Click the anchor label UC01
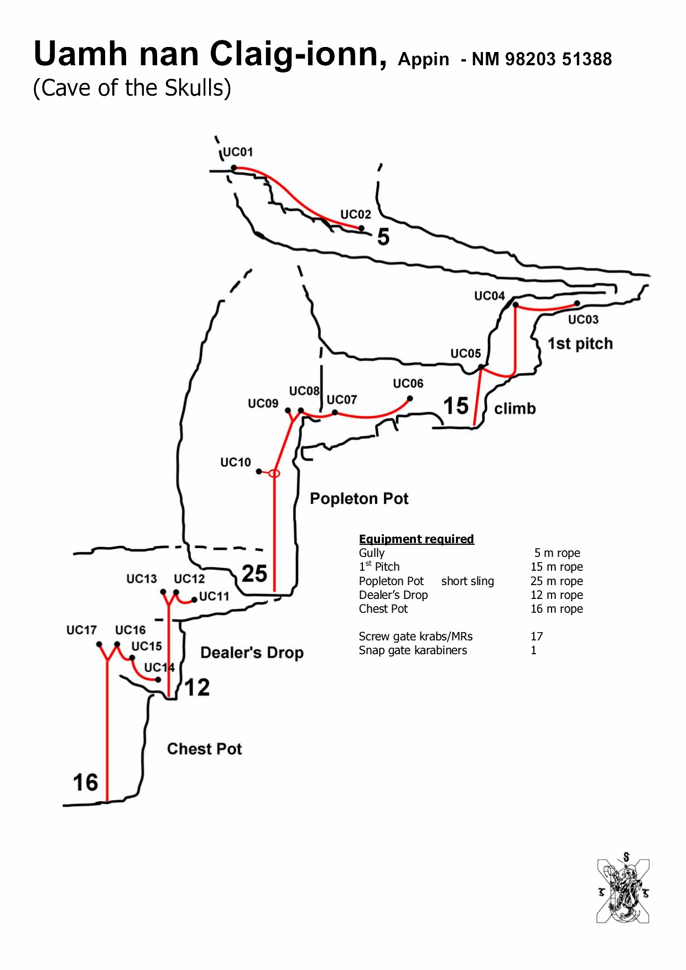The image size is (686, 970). pos(237,152)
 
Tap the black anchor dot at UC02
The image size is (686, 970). pos(361,228)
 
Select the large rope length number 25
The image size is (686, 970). pos(254,573)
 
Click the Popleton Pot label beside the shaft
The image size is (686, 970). pos(359,499)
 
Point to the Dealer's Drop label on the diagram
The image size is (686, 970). pos(252,653)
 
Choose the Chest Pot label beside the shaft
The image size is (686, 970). pos(204,749)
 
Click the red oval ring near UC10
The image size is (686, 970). pos(274,473)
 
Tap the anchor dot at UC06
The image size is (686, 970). pos(410,398)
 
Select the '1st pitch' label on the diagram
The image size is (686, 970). pos(580,343)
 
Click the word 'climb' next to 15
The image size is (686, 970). pos(514,409)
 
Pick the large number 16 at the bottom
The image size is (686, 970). pos(85,783)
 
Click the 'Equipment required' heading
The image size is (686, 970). pos(416,539)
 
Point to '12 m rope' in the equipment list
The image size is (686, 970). pos(557,595)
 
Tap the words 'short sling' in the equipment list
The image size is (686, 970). pos(467,581)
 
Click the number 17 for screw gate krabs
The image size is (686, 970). pos(537,637)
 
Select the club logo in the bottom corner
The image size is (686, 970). pos(623,890)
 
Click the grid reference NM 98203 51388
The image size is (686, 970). pos(542,59)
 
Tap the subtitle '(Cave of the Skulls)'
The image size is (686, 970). pos(132,88)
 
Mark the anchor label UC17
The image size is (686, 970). pos(81,630)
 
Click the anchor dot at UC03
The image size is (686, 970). pos(577,303)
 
